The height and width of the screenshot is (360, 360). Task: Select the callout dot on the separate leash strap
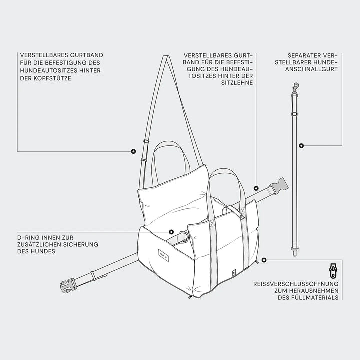click(x=301, y=145)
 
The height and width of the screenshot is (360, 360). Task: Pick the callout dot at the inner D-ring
click(x=171, y=232)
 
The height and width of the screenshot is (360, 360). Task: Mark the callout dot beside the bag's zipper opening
click(x=264, y=260)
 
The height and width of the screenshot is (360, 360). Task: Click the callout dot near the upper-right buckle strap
click(x=256, y=188)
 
